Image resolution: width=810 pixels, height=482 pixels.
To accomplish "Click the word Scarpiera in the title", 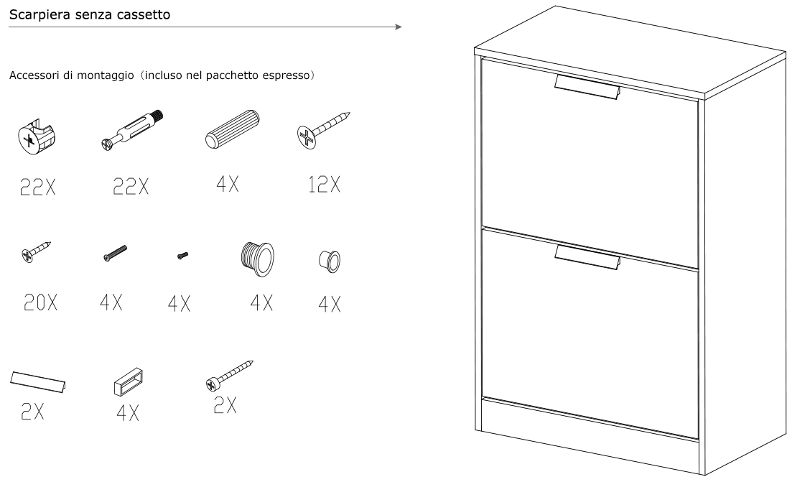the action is [39, 15].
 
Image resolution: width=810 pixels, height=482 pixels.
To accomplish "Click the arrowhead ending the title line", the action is [399, 27].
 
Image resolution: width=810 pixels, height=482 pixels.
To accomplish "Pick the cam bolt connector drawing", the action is [131, 130].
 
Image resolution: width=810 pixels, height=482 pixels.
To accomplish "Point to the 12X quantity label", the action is [325, 185].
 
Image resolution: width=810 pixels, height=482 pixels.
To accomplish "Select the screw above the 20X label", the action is [36, 251].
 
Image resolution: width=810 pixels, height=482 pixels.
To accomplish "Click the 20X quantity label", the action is [40, 302].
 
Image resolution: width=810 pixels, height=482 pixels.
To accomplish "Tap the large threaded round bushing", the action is [257, 259].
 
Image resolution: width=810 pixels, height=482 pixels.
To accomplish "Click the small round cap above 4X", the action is [330, 261].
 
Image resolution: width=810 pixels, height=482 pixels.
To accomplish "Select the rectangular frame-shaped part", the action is [128, 382].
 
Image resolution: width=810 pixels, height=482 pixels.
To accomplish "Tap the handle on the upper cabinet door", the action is [587, 86].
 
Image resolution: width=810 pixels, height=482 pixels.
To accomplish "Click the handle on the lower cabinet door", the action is [587, 256].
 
